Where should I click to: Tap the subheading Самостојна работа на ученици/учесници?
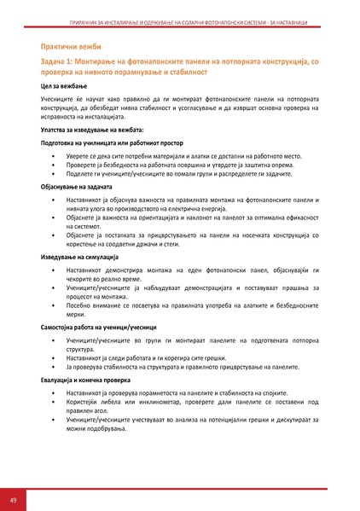pyautogui.click(x=102, y=326)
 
